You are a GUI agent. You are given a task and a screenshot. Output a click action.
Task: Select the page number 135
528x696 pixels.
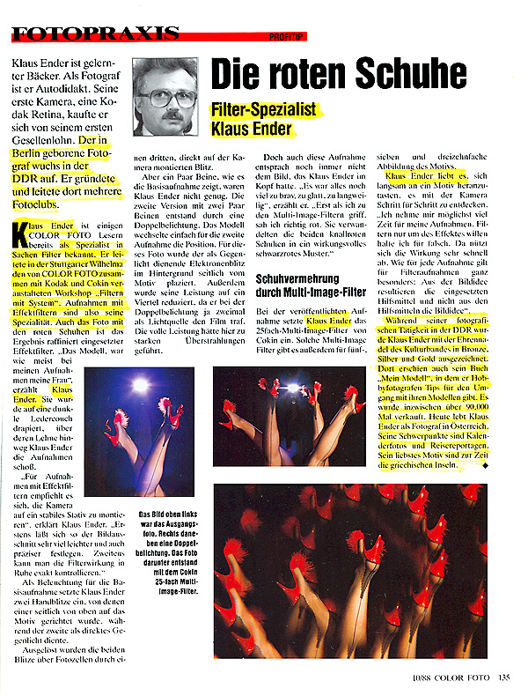tap(502, 677)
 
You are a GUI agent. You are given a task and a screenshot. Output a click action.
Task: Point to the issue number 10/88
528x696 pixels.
tap(416, 677)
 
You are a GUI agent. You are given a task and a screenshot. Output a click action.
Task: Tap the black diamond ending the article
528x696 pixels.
tap(483, 465)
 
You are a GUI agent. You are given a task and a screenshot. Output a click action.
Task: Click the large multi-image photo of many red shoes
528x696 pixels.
tap(349, 570)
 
